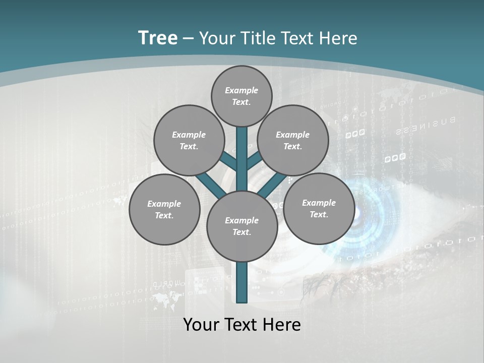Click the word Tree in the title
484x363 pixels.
(x=158, y=38)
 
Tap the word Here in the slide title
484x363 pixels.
(x=338, y=38)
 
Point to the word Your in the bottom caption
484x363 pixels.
(x=201, y=325)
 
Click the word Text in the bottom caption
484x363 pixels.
(x=241, y=325)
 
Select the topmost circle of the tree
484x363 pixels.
(x=241, y=96)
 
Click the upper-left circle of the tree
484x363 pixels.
(x=189, y=140)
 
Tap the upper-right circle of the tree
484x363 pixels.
(x=292, y=140)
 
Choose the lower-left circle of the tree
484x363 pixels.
(x=164, y=209)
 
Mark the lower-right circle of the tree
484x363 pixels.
(x=319, y=208)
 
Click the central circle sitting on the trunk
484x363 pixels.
(x=241, y=226)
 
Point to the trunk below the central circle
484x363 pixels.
(x=242, y=282)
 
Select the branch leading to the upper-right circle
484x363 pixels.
(x=254, y=161)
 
